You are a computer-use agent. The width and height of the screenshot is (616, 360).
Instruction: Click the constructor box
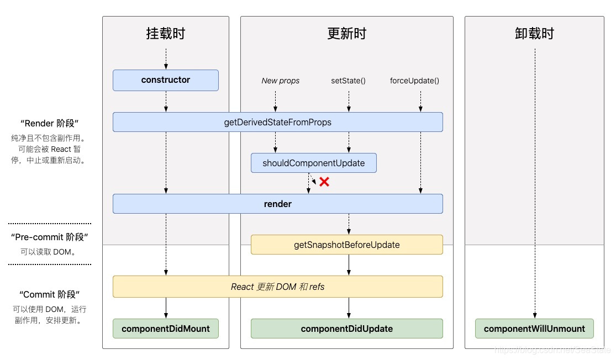[166, 80]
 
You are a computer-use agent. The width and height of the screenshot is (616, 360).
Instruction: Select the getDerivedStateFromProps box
[277, 122]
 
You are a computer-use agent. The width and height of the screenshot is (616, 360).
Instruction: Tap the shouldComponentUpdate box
[313, 163]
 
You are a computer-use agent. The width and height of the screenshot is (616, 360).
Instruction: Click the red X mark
[324, 182]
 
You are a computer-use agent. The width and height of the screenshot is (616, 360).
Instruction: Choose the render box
[277, 204]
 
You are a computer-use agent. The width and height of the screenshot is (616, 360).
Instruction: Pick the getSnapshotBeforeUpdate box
[346, 245]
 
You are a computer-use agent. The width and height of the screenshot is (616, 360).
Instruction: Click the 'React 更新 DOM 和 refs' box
[277, 287]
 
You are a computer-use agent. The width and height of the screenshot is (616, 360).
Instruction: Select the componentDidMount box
[166, 329]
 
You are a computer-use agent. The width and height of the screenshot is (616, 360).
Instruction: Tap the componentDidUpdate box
[346, 329]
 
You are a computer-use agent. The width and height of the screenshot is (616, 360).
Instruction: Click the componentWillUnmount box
[534, 329]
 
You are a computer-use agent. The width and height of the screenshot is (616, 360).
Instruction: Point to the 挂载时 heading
[166, 34]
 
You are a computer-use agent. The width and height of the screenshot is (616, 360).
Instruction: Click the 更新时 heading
[346, 34]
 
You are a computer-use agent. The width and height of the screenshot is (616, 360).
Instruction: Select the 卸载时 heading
[534, 34]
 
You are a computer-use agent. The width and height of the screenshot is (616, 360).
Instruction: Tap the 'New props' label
[281, 81]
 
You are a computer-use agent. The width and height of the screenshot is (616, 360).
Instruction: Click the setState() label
[348, 81]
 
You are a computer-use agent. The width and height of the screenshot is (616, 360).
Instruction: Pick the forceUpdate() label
[414, 81]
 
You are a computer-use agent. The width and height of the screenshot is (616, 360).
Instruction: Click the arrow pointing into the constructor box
[166, 59]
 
